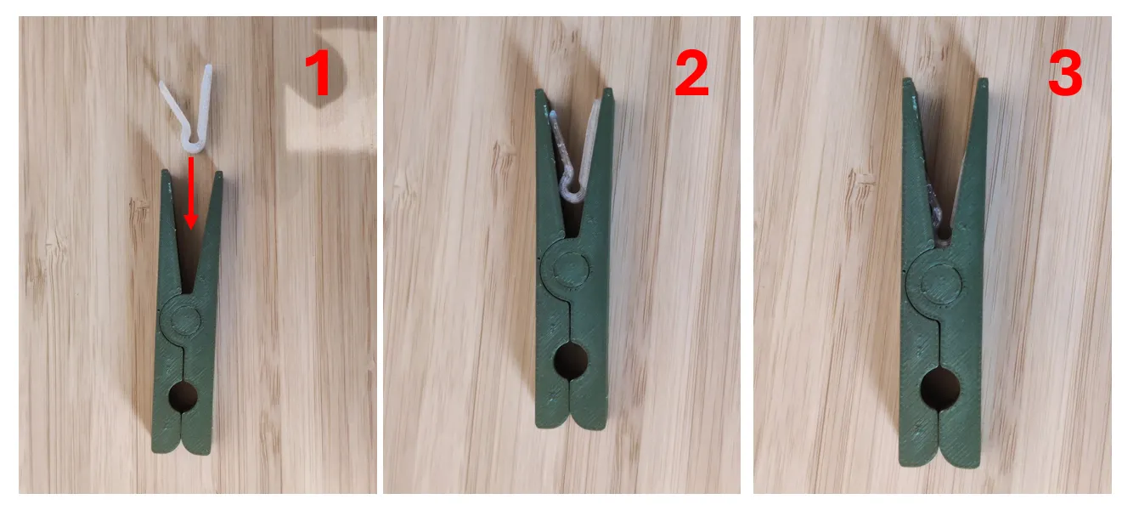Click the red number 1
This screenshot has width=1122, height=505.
(318, 73)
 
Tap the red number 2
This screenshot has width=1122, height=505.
(691, 73)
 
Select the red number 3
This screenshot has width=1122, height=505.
(1065, 73)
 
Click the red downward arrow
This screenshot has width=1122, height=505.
(190, 193)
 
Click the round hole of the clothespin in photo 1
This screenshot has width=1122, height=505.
(183, 396)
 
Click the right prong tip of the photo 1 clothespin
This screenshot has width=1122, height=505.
(219, 175)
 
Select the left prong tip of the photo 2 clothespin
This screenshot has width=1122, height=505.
(540, 93)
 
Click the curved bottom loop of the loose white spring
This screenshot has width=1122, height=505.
(194, 146)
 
